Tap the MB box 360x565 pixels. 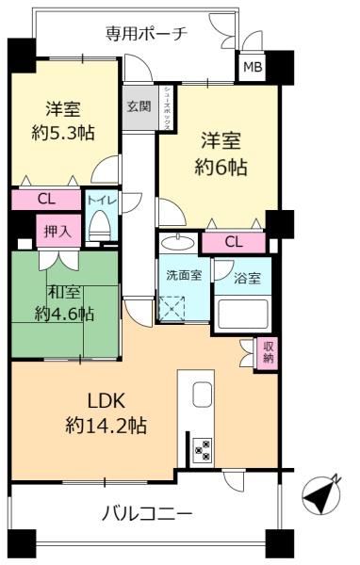pos(253,67)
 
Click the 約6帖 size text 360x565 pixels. pos(221,169)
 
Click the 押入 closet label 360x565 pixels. pos(53,231)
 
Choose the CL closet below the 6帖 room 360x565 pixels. pos(233,242)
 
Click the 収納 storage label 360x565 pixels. pos(269,352)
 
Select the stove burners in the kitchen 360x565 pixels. pos(201,449)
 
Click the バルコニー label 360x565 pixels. pos(147,514)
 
